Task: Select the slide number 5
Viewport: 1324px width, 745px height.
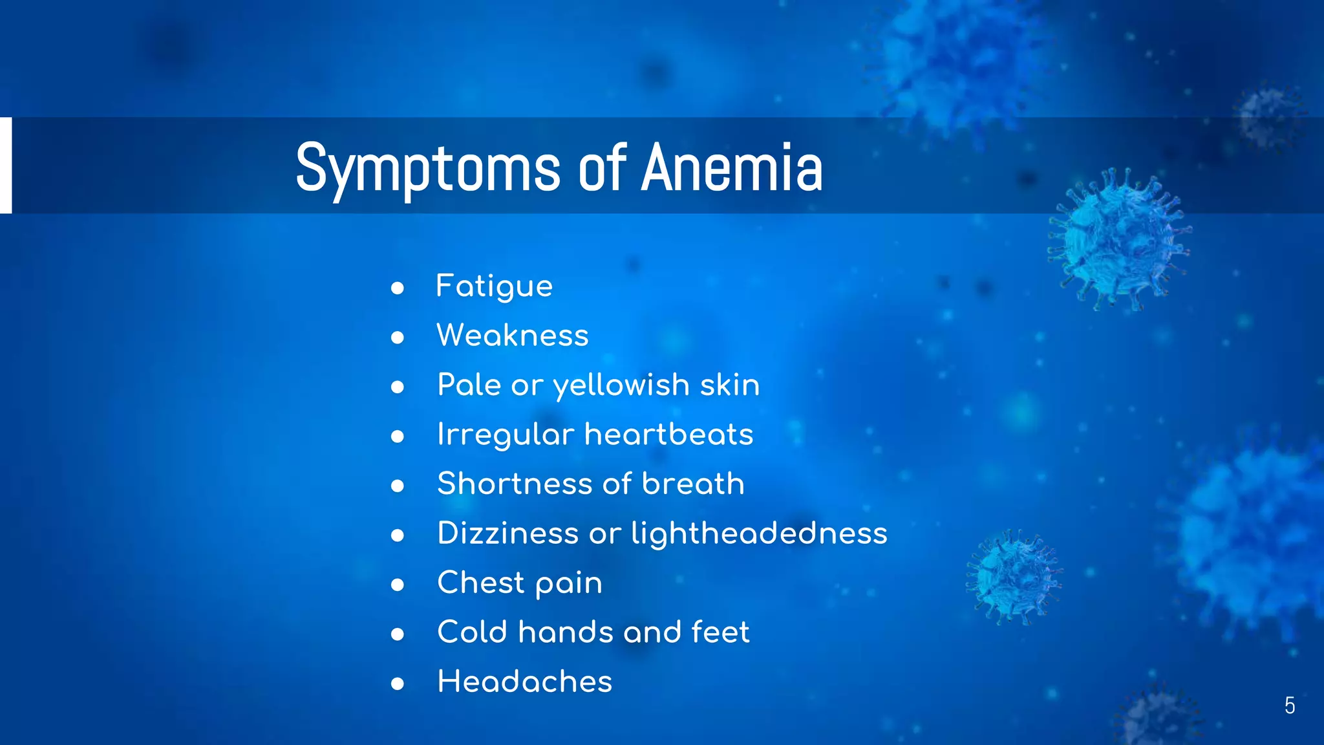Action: click(1289, 706)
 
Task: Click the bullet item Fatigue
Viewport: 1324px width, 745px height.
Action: click(495, 286)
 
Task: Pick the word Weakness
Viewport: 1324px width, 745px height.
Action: click(513, 336)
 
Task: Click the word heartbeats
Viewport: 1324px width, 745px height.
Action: click(668, 434)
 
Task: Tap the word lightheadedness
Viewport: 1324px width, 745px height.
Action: click(759, 534)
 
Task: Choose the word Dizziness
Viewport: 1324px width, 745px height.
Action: click(507, 534)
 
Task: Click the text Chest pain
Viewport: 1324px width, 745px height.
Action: click(520, 583)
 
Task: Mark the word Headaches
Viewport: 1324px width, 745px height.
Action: click(524, 682)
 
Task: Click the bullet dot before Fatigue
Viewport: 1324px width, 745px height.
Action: click(398, 288)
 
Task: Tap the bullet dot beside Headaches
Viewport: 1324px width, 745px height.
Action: click(398, 684)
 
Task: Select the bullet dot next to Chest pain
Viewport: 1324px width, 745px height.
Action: click(398, 585)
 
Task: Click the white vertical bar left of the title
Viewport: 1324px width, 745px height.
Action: click(6, 165)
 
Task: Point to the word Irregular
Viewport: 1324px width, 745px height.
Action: click(506, 435)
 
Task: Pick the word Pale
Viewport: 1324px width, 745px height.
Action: click(469, 385)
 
